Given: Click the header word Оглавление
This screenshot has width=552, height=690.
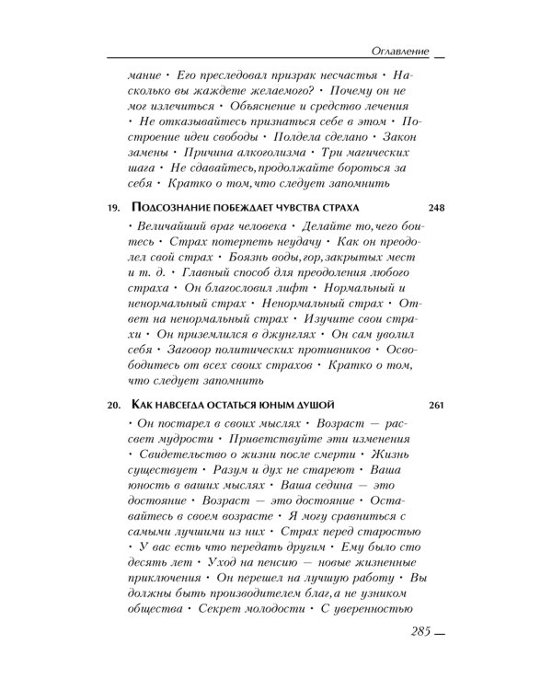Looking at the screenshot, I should tap(396, 49).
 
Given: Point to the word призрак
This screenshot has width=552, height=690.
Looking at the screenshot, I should tap(287, 73).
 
